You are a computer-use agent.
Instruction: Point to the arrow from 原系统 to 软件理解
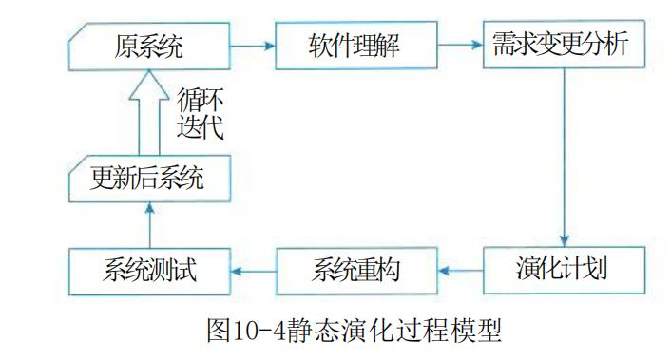pos(252,45)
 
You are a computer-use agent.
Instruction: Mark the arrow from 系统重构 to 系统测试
pos(252,271)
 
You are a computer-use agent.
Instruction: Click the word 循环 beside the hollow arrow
pos(200,98)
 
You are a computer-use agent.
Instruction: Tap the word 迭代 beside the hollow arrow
pos(200,127)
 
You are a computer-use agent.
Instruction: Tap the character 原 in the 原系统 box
pos(124,45)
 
